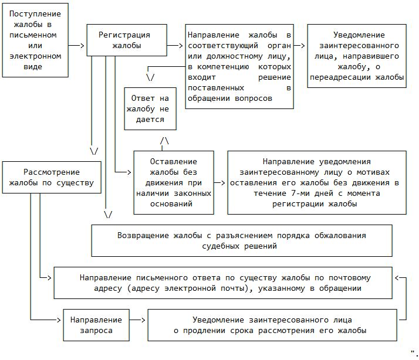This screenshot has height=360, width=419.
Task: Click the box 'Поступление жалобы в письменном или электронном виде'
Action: (x=35, y=39)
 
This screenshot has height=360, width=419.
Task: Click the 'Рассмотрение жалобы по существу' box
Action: (x=51, y=177)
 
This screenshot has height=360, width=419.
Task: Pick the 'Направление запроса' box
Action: (x=96, y=325)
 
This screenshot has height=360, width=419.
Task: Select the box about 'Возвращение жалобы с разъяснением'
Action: (x=241, y=240)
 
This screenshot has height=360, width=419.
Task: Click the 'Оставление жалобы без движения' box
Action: (x=173, y=182)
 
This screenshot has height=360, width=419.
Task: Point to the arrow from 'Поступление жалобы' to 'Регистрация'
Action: (x=77, y=45)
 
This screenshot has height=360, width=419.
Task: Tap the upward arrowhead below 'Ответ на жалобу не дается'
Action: (x=164, y=141)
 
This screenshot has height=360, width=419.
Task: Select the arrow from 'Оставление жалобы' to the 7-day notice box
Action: (x=219, y=182)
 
